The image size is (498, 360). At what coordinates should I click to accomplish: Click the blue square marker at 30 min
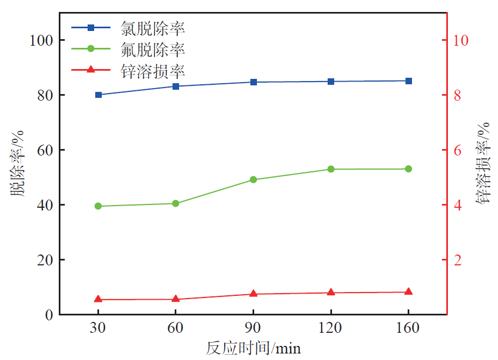[99, 95]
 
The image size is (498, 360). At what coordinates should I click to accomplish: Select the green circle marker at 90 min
[253, 179]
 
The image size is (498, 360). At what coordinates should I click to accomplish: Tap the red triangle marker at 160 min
[408, 292]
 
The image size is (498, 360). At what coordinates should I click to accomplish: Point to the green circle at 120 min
[331, 169]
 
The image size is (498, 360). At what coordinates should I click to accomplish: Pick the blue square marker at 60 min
[176, 86]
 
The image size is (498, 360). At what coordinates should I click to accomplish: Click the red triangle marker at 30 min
[99, 299]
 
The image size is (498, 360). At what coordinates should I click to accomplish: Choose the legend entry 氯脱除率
[152, 27]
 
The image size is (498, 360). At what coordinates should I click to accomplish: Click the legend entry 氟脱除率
[152, 49]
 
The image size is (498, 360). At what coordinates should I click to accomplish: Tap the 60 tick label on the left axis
[45, 150]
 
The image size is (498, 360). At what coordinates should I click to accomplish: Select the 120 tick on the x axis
[331, 328]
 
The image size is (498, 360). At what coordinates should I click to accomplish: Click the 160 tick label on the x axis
[408, 328]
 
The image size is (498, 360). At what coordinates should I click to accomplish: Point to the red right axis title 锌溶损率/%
[483, 163]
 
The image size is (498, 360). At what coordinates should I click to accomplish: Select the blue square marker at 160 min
[408, 81]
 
